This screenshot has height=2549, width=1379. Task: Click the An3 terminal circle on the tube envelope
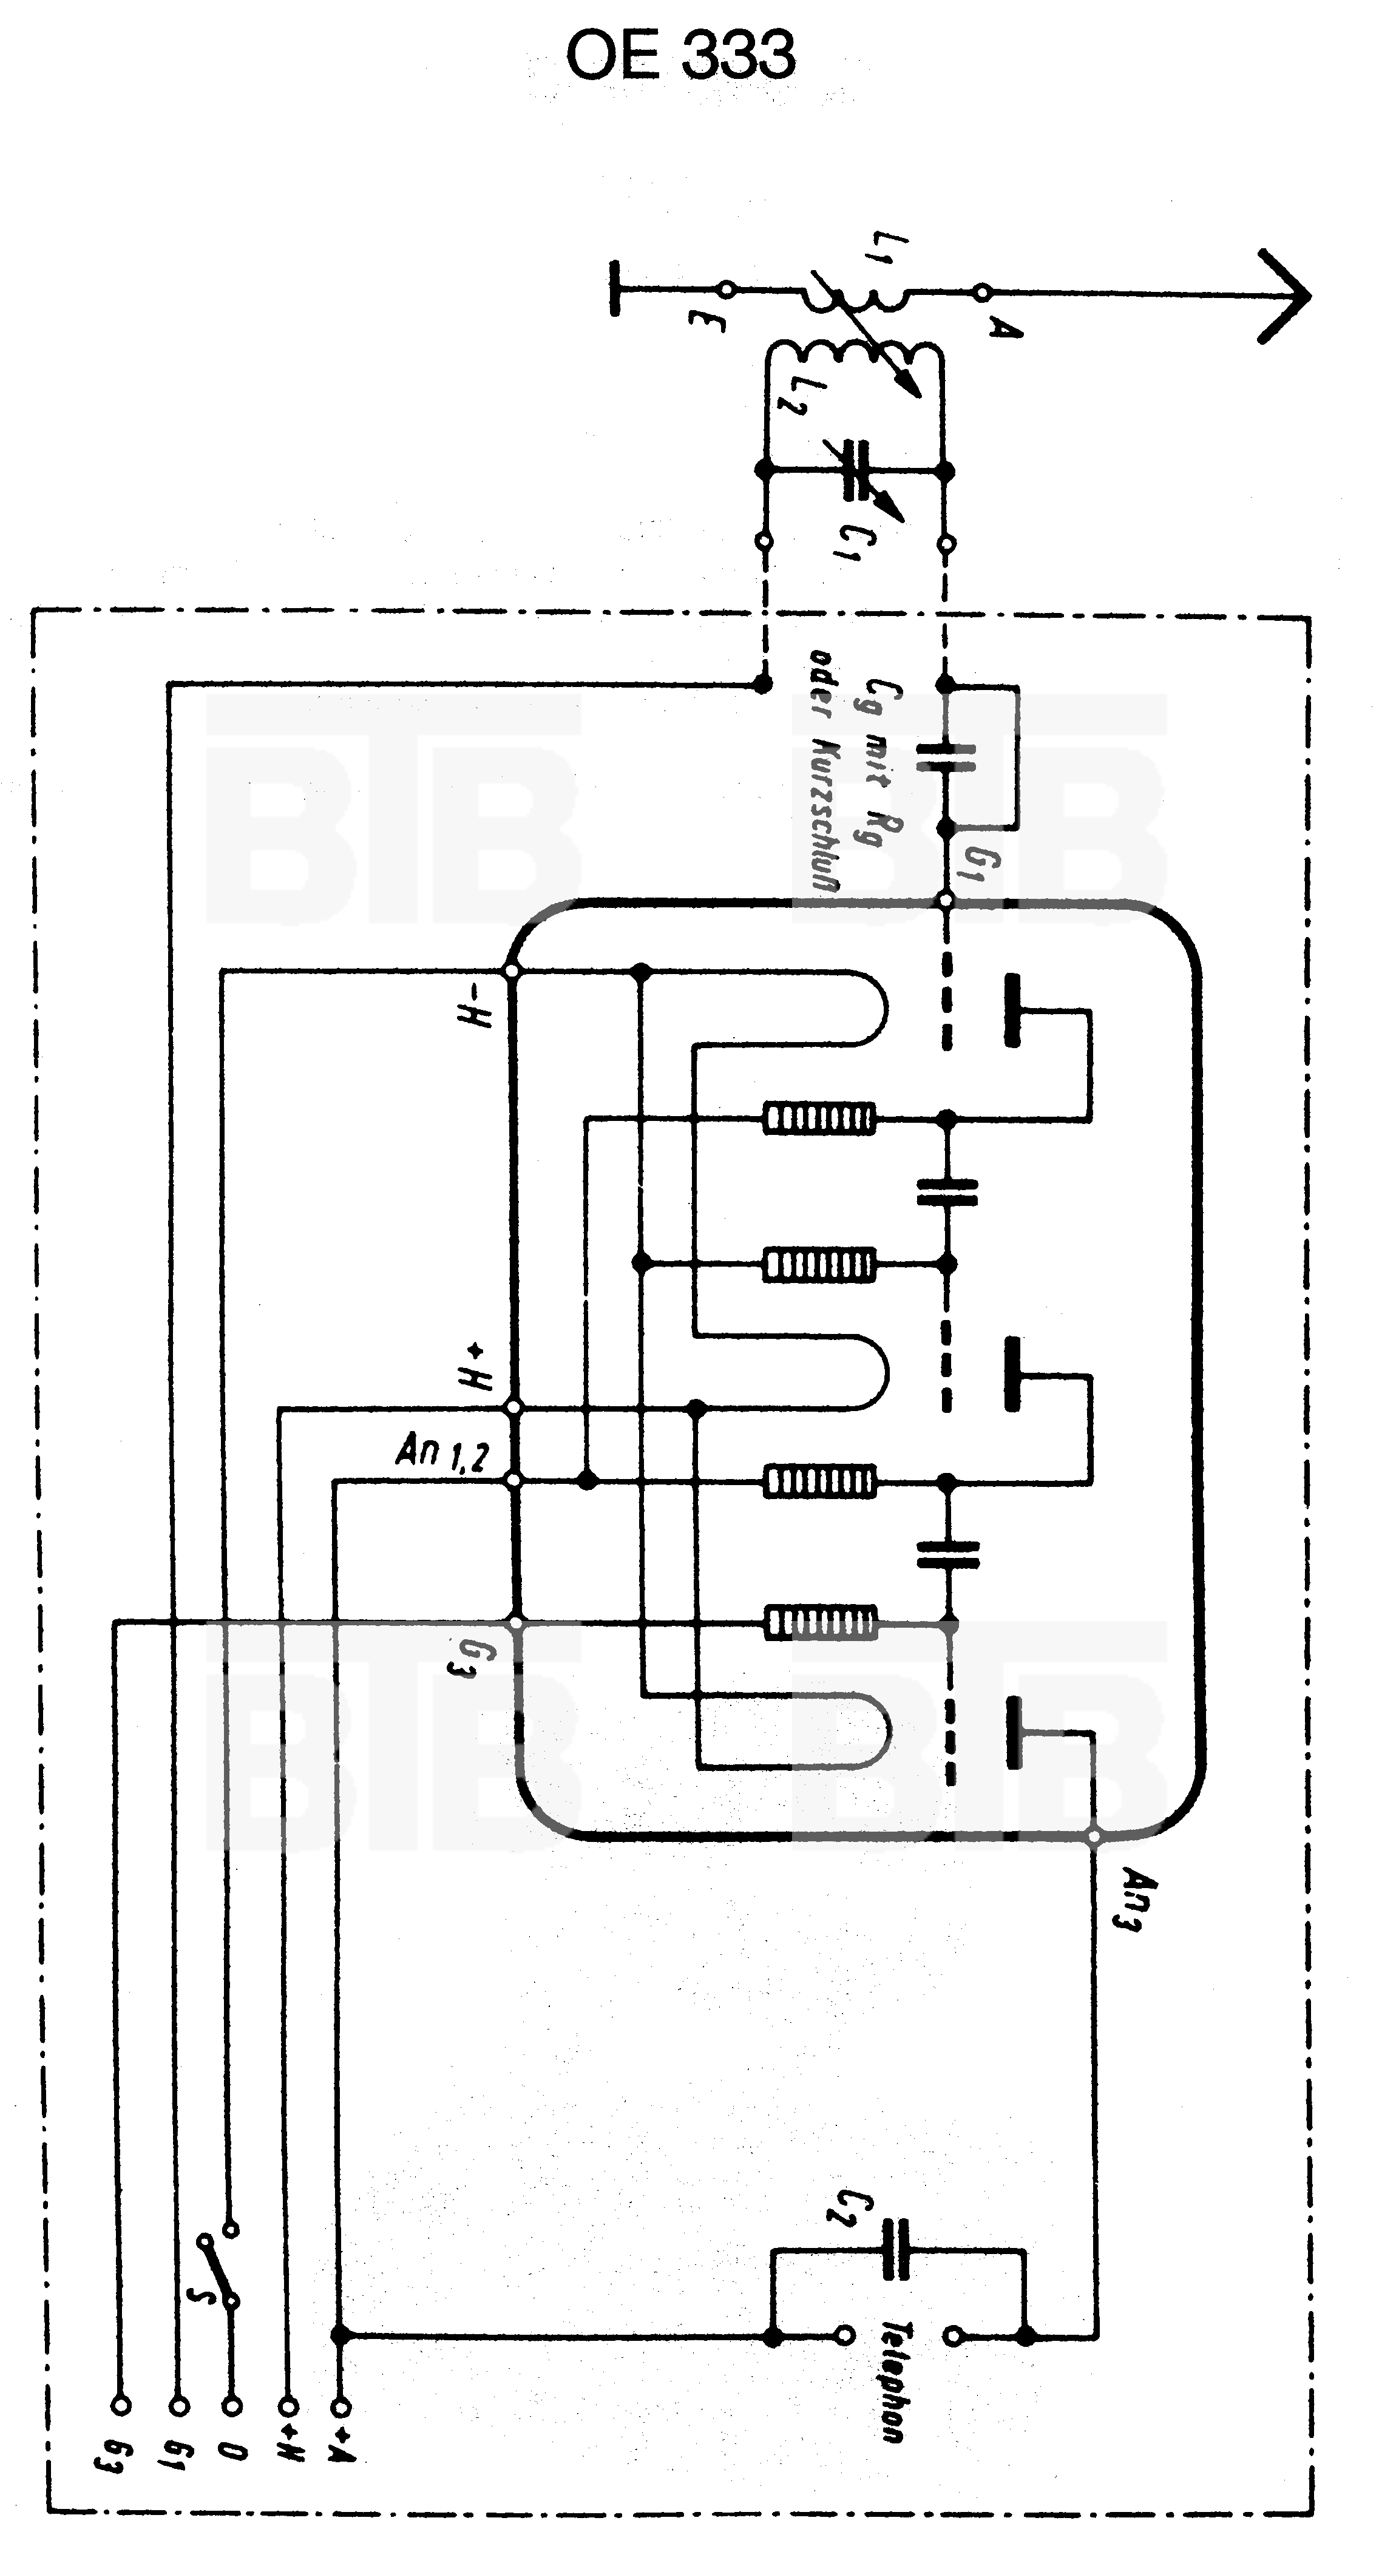point(1094,1838)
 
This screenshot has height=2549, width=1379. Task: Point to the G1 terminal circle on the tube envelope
point(946,901)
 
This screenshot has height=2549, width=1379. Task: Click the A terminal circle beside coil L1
point(982,292)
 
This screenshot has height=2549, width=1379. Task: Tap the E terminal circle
point(726,289)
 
